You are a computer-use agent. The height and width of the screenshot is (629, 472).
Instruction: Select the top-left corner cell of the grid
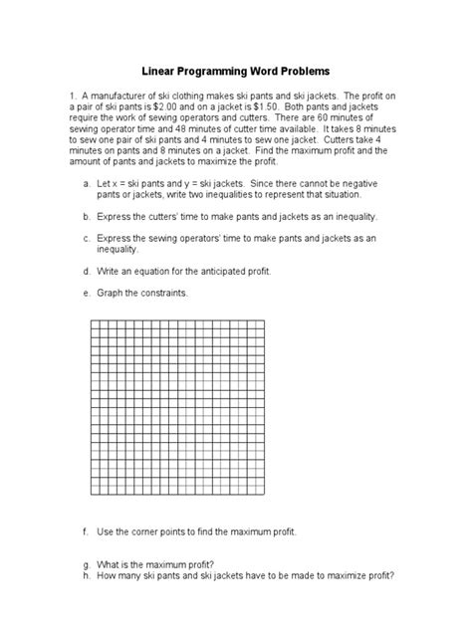[96, 325]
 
